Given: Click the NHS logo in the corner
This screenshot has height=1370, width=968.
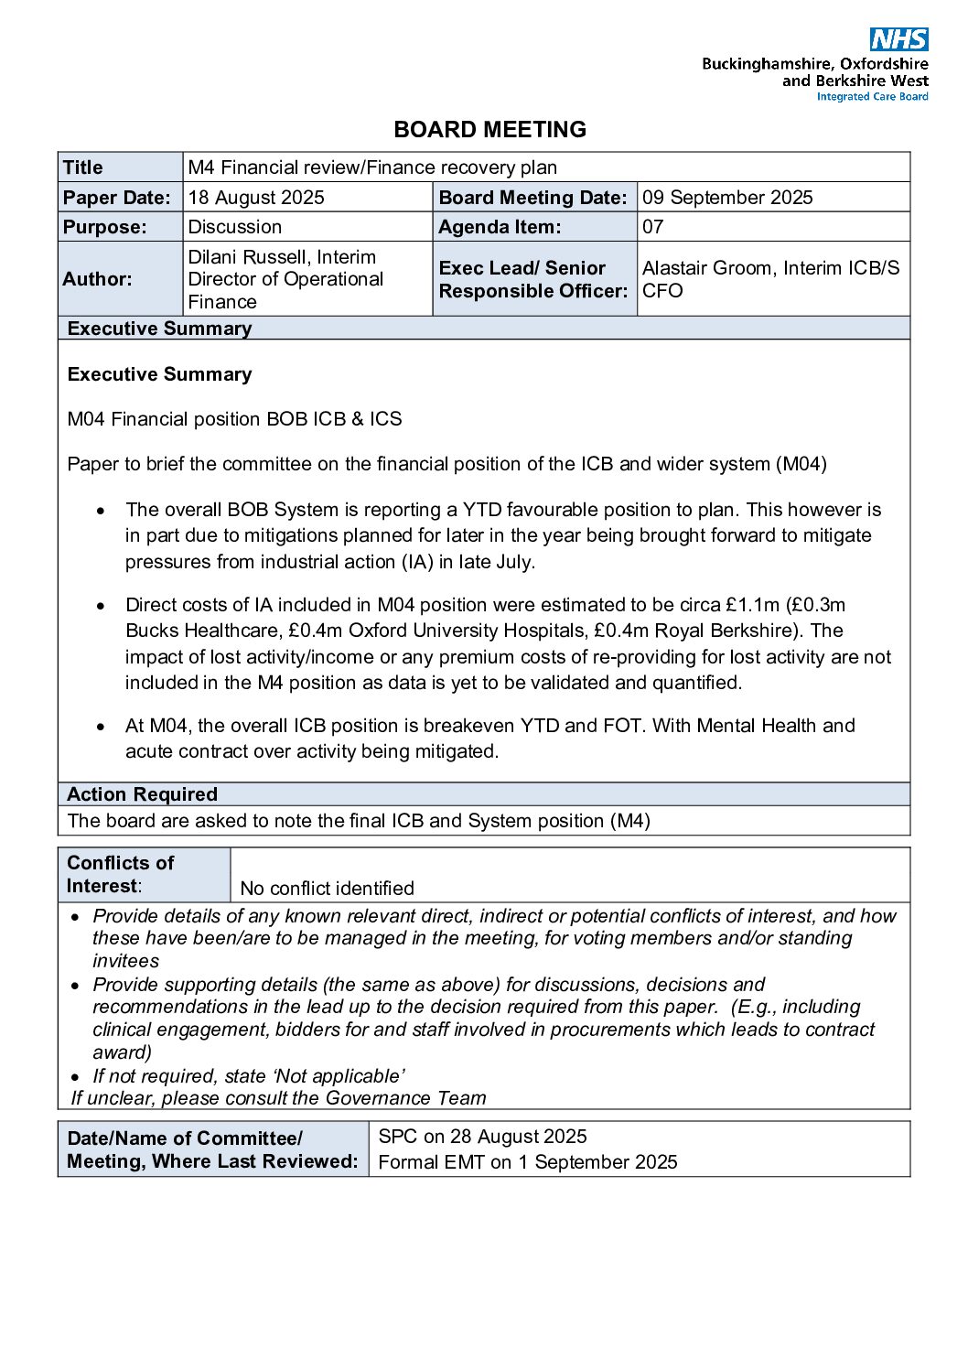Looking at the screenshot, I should pos(898,39).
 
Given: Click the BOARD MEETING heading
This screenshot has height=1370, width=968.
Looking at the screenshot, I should pos(489,130).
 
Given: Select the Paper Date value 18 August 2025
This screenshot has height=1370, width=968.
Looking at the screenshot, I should pos(256,198).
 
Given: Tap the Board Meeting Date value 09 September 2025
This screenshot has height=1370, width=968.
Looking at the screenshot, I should pos(727,198).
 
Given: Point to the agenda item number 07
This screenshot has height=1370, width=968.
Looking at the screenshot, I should pos(653,227).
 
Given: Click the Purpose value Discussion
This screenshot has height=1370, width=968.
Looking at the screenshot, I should pos(235,227).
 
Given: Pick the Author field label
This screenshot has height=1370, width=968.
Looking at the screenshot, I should pos(97,279).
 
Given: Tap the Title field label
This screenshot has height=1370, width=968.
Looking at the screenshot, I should pos(83,167).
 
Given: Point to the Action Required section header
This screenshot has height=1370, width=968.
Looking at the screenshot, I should pos(142,794).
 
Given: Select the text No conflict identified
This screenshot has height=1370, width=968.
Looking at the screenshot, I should pos(327,889).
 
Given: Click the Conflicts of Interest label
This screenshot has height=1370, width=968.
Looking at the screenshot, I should pos(120,875).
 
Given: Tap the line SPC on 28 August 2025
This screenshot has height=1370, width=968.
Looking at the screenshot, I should pos(482,1137).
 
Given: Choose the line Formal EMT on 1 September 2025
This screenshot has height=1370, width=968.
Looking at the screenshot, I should pos(528,1162).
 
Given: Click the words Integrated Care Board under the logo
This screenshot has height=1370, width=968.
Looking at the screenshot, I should pos(872,97).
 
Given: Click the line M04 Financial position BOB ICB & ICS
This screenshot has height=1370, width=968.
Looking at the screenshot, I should pos(234,419).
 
